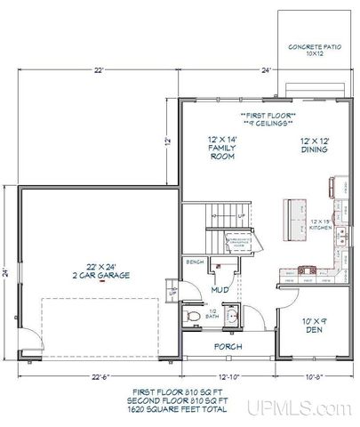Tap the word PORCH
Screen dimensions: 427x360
[229, 346]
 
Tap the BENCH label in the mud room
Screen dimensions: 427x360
[196, 263]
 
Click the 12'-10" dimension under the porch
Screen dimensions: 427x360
[228, 375]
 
